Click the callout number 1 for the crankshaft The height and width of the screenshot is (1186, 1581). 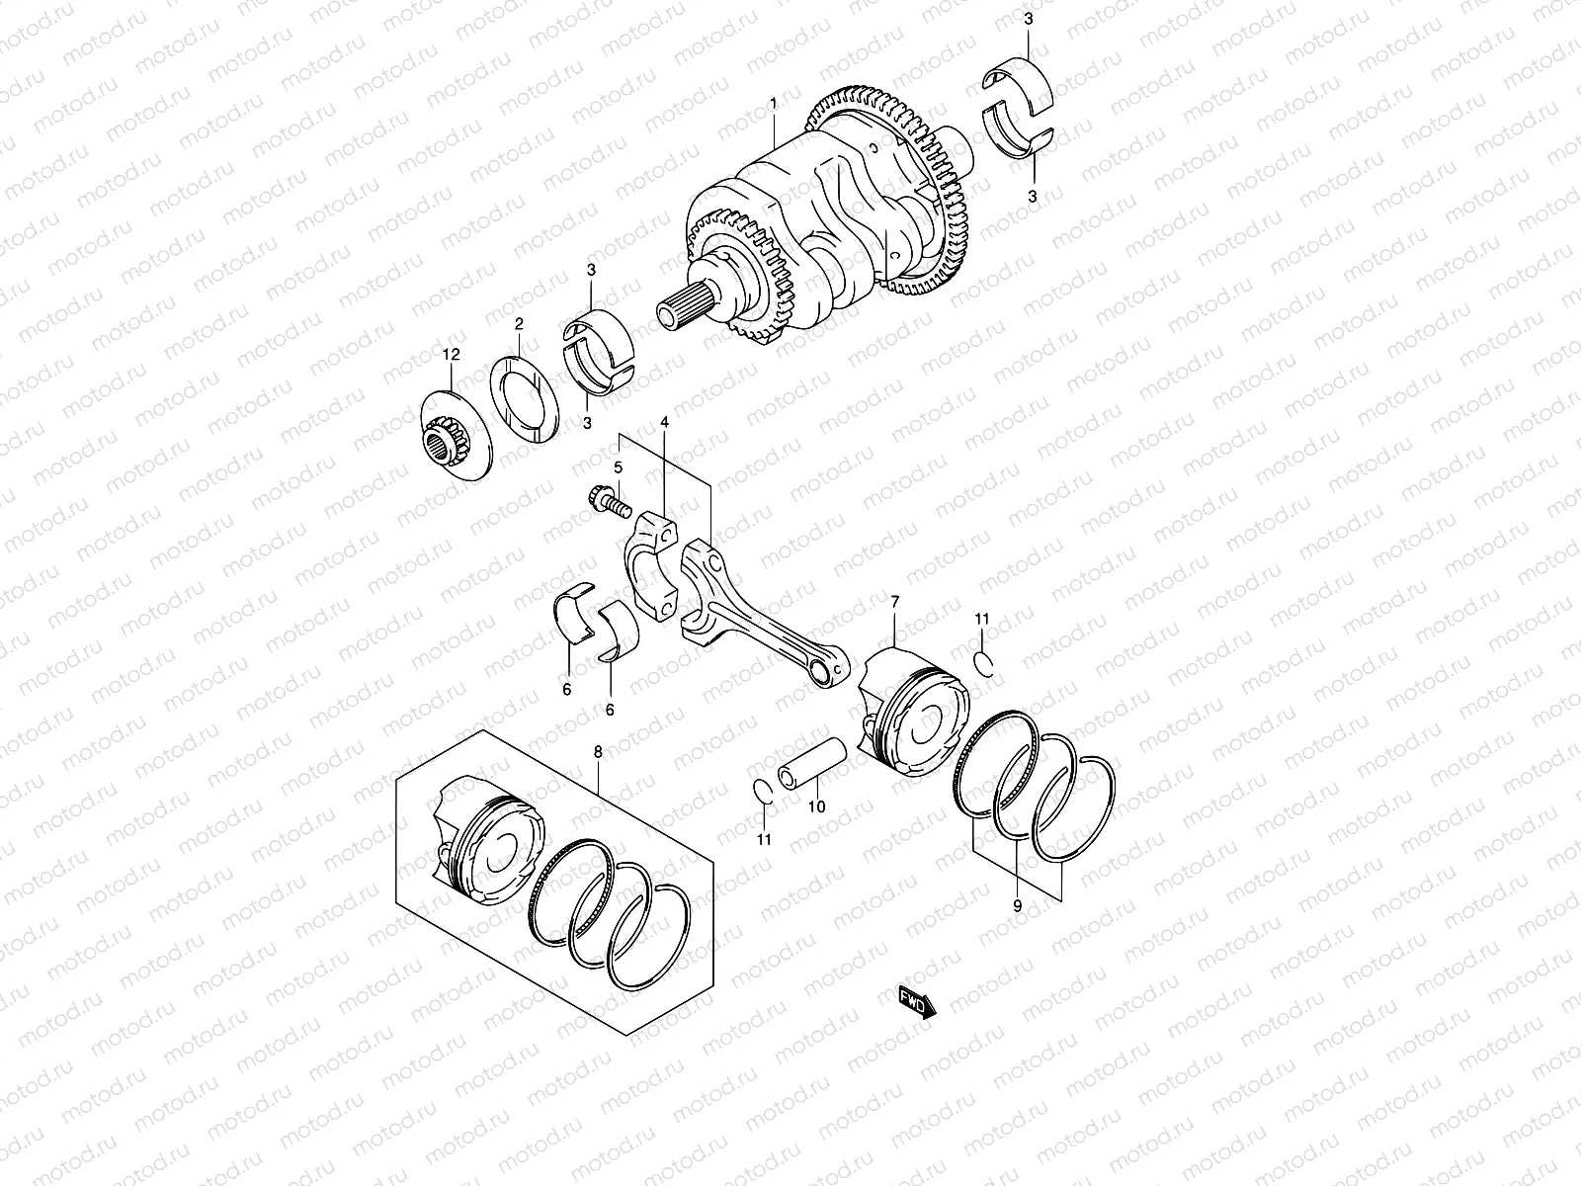click(773, 103)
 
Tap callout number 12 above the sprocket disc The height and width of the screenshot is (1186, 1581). click(452, 354)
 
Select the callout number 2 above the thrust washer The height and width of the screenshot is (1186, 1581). click(517, 323)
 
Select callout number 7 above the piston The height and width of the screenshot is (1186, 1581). click(894, 601)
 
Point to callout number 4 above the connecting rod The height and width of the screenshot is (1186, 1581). click(664, 422)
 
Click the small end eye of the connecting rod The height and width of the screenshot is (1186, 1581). click(826, 672)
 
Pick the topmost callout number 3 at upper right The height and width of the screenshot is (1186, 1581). click(1028, 19)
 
